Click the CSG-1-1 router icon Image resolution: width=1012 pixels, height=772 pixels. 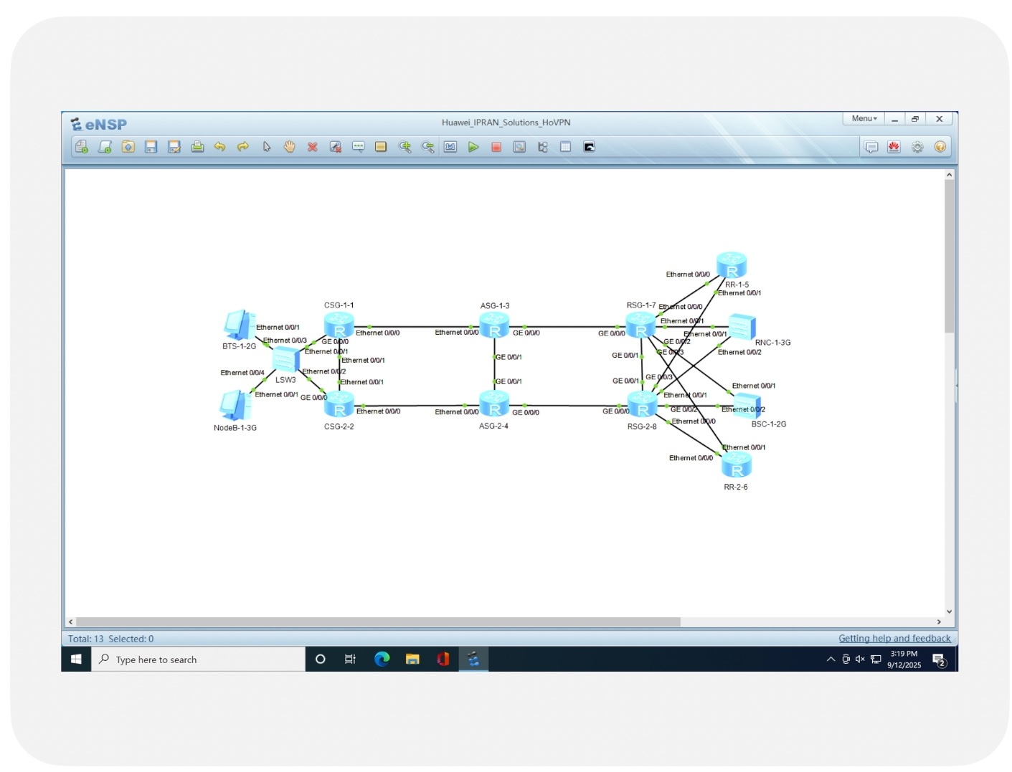click(x=339, y=326)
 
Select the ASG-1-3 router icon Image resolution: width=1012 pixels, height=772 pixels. click(x=494, y=326)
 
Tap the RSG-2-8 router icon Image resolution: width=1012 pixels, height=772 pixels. click(x=643, y=405)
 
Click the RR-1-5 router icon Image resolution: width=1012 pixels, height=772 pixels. click(x=732, y=265)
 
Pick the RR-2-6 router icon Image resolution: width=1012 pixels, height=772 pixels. click(x=736, y=467)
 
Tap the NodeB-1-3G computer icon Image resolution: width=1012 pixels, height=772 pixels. click(x=235, y=406)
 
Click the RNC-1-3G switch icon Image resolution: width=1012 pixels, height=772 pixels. click(x=742, y=327)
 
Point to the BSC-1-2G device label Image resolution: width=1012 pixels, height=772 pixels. click(x=768, y=424)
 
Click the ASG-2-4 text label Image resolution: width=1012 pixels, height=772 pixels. click(x=493, y=426)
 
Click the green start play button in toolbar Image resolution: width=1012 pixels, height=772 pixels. click(x=473, y=147)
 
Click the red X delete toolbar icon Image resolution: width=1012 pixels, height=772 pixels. click(x=312, y=147)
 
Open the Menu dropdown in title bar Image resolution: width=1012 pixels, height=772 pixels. click(x=864, y=119)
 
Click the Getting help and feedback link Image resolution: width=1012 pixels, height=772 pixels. click(x=894, y=639)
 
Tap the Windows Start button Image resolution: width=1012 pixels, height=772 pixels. click(x=76, y=659)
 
